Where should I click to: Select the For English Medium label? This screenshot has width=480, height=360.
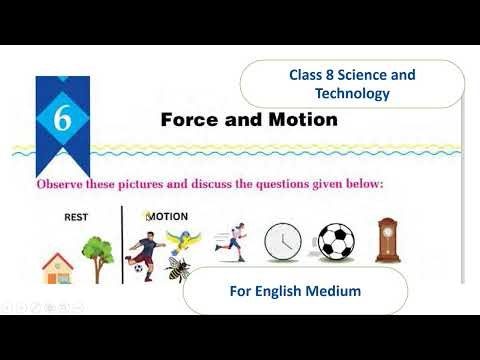[x=295, y=291]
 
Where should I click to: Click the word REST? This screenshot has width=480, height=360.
[x=76, y=216]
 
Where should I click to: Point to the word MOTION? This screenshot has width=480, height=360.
[x=168, y=216]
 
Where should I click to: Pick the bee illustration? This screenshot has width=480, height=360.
[x=179, y=268]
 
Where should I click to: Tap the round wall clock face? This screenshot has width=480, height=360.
[x=284, y=242]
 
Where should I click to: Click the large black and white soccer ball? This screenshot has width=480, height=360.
[x=336, y=243]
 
